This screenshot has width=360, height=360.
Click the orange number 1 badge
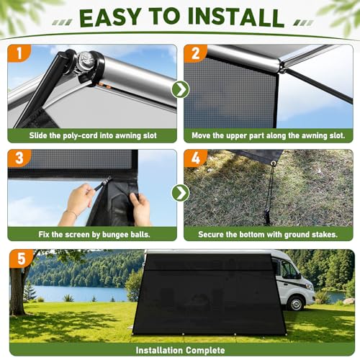point(19,53)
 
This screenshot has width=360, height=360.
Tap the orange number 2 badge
point(195,53)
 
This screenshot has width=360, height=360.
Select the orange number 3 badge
point(19,158)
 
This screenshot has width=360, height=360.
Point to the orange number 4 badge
point(195,158)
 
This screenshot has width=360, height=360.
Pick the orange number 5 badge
point(22,258)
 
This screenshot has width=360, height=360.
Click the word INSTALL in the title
point(236,17)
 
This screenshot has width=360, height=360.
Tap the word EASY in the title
point(110,17)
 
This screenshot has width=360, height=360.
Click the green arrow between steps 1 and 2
point(181,89)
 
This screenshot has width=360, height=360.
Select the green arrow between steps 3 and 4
point(181,193)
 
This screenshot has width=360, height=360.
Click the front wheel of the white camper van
point(296,303)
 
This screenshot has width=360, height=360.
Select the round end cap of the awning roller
point(86,59)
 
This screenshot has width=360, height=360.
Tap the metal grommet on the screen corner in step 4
point(273,163)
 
